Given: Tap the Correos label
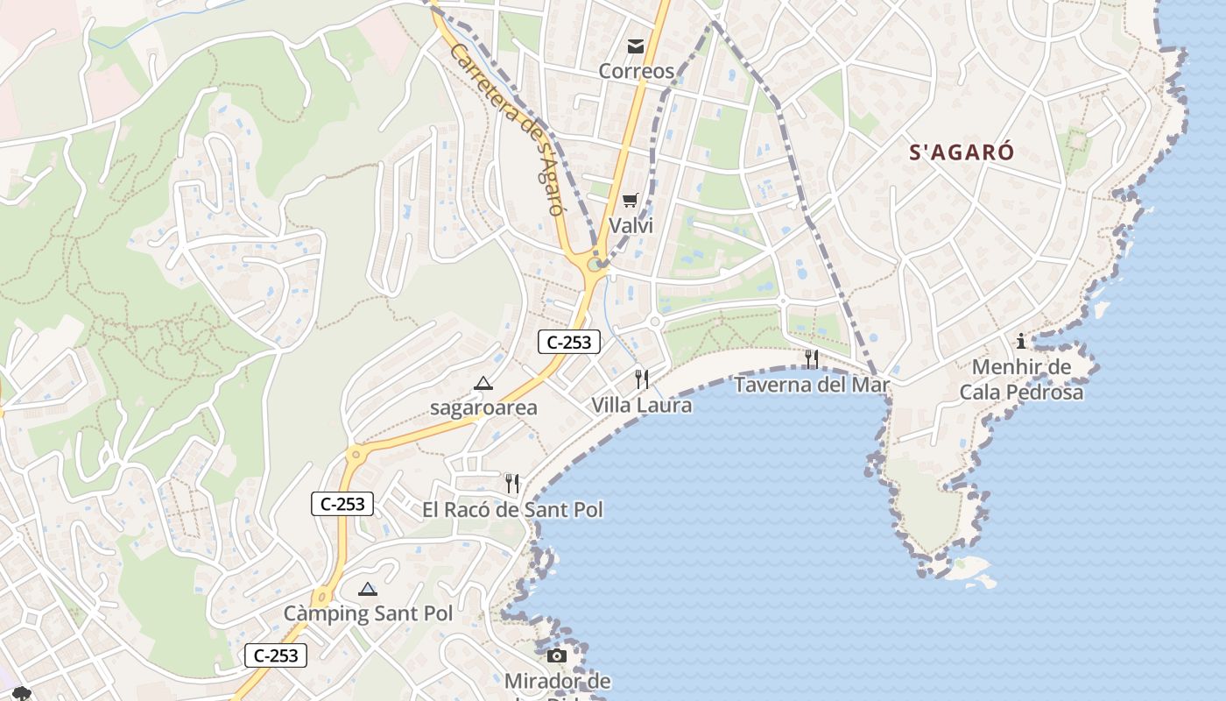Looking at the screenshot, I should click(637, 71).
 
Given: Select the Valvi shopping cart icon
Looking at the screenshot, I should click(631, 201).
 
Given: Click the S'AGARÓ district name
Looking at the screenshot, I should click(962, 152).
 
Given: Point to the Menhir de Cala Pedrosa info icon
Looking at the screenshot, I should click(1021, 341).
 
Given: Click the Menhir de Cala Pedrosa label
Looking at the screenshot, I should click(1021, 379).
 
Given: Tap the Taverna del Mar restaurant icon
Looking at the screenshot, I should click(812, 358).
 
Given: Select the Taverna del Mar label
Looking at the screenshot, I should click(811, 385).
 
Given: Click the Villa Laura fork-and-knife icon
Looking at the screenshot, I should click(642, 379).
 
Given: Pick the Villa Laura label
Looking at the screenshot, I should click(642, 405).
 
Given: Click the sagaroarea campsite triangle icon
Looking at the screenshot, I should click(483, 383).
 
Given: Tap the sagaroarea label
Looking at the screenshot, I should click(483, 408).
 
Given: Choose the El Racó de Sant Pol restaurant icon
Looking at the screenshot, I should click(512, 483).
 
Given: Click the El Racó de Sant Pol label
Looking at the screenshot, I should click(512, 509).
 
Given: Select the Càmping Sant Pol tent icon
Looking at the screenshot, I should click(368, 588).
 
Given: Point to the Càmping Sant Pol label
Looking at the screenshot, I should click(368, 613).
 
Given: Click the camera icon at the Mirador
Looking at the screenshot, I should click(557, 655).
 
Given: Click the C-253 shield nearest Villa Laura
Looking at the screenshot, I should click(568, 343).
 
